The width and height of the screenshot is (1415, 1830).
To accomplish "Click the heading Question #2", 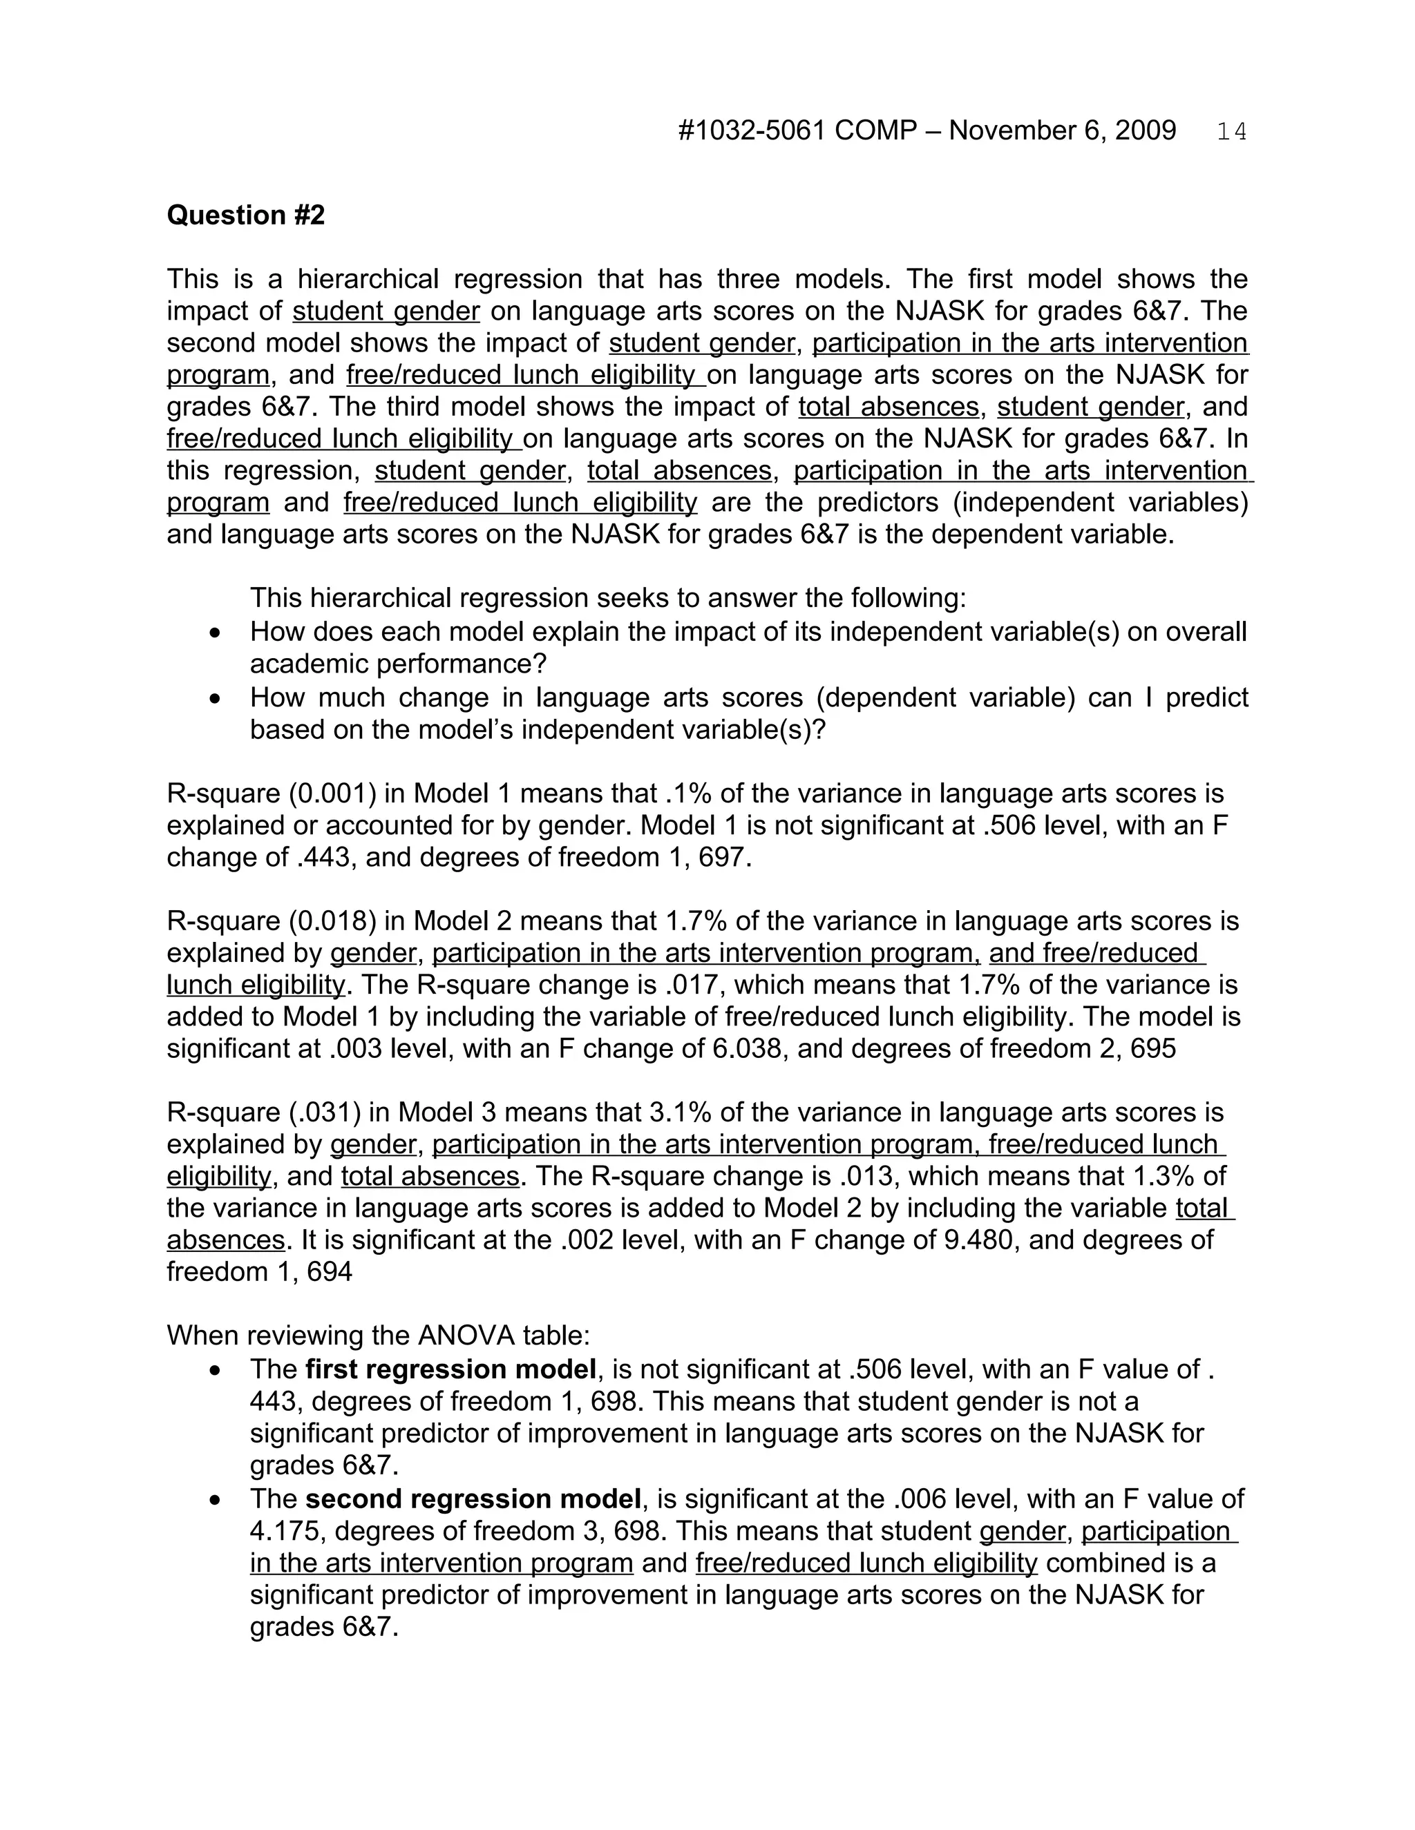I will coord(245,215).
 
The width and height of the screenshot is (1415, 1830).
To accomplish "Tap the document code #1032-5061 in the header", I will coord(752,131).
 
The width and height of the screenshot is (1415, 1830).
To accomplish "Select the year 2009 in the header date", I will coord(1145,131).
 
